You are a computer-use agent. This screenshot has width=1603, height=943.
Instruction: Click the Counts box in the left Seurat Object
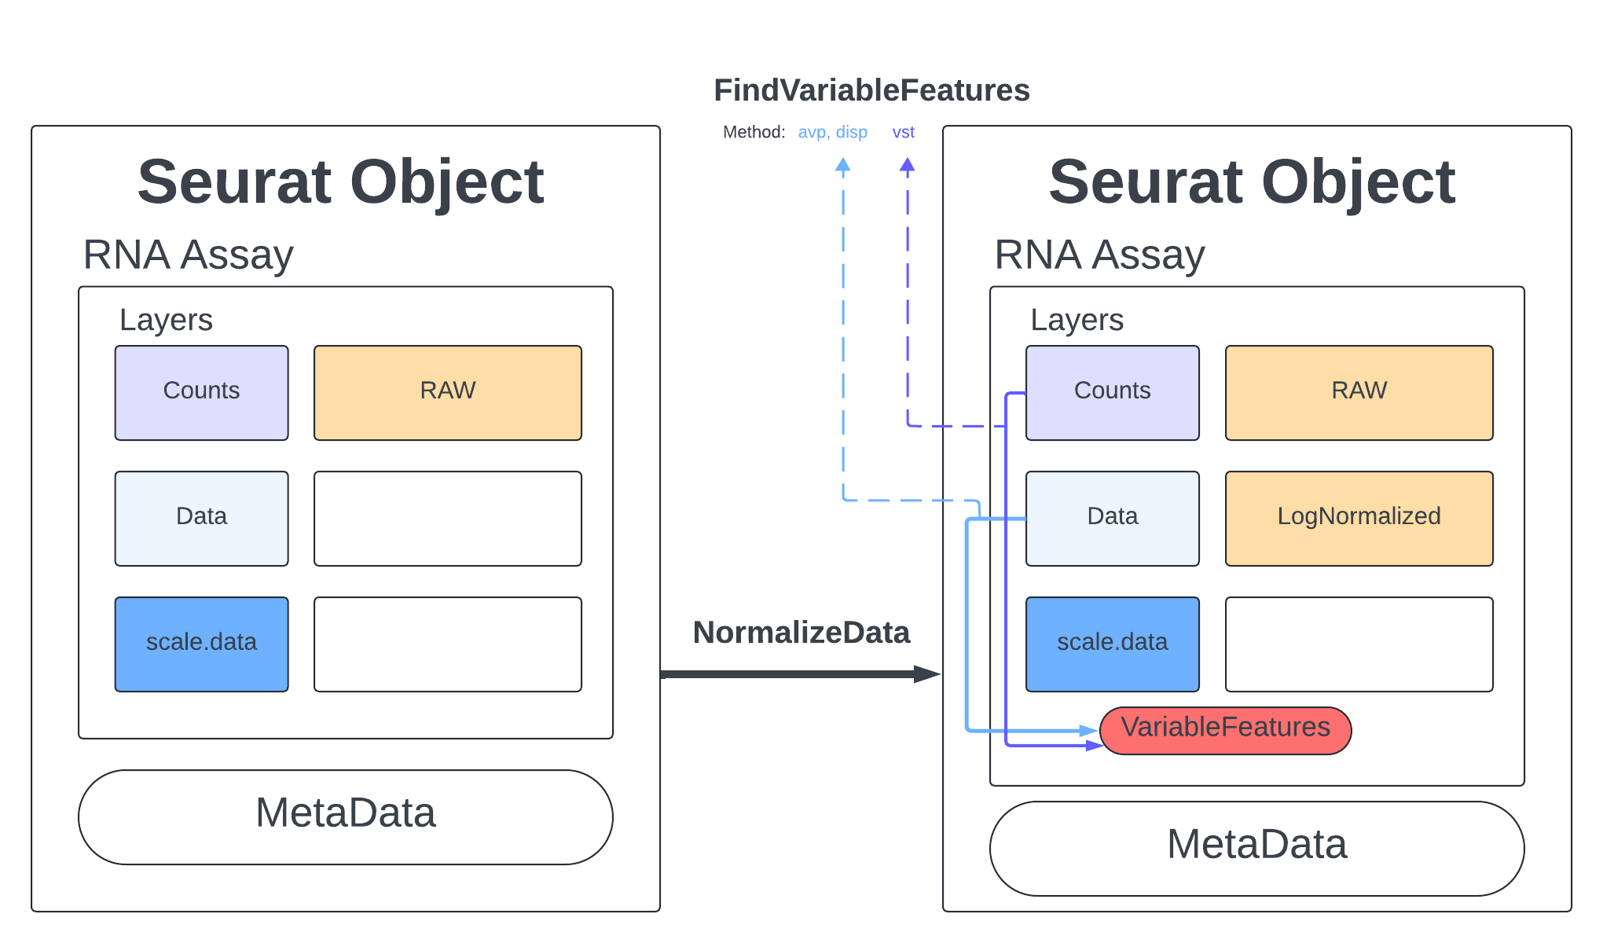pyautogui.click(x=201, y=392)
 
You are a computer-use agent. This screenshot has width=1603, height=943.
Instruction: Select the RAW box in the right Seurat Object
pyautogui.click(x=1359, y=392)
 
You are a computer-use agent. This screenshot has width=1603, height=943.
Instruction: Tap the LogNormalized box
pyautogui.click(x=1359, y=518)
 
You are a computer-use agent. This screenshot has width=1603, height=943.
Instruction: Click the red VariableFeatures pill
pyautogui.click(x=1225, y=730)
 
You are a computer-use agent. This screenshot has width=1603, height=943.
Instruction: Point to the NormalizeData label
pyautogui.click(x=801, y=633)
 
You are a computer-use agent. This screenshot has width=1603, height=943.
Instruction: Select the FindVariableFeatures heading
pyautogui.click(x=871, y=90)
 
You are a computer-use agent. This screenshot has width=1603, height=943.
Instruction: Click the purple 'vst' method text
pyautogui.click(x=903, y=132)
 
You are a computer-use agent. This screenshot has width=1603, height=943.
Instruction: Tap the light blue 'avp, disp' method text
pyautogui.click(x=832, y=132)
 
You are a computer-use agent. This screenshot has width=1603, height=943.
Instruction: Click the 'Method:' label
pyautogui.click(x=754, y=132)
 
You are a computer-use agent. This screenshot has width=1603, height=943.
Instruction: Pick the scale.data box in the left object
pyautogui.click(x=201, y=644)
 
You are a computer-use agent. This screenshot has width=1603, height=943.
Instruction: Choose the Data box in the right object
pyautogui.click(x=1112, y=518)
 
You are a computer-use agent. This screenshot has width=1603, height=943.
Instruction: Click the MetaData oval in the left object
pyautogui.click(x=345, y=816)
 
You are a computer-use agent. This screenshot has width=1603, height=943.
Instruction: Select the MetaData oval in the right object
pyautogui.click(x=1256, y=848)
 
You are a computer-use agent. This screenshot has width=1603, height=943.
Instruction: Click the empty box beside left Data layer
pyautogui.click(x=447, y=518)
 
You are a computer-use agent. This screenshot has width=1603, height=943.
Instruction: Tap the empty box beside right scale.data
pyautogui.click(x=1359, y=644)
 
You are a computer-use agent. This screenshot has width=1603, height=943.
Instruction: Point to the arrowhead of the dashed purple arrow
pyautogui.click(x=908, y=165)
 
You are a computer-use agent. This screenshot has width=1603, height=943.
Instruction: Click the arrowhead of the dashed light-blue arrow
pyautogui.click(x=843, y=165)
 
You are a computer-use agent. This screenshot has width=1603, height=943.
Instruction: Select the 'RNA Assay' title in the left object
pyautogui.click(x=188, y=255)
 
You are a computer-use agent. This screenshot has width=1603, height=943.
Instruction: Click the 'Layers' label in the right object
pyautogui.click(x=1077, y=320)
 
